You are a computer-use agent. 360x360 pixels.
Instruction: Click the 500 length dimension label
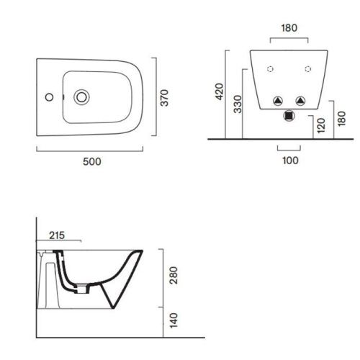(x=92, y=161)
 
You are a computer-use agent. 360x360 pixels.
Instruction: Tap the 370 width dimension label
(x=165, y=98)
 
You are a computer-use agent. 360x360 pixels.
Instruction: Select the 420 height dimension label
(x=220, y=91)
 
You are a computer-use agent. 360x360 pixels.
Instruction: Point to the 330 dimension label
(x=238, y=104)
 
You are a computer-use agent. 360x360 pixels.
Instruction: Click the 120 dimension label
(x=321, y=125)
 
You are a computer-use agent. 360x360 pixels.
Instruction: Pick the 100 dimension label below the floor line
(x=290, y=161)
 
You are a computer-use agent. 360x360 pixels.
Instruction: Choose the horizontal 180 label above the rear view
(x=289, y=28)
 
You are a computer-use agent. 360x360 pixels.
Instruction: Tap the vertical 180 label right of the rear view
(x=341, y=119)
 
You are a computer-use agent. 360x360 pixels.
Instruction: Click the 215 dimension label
(x=57, y=235)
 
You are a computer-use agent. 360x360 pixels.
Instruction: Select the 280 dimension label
(x=174, y=275)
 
